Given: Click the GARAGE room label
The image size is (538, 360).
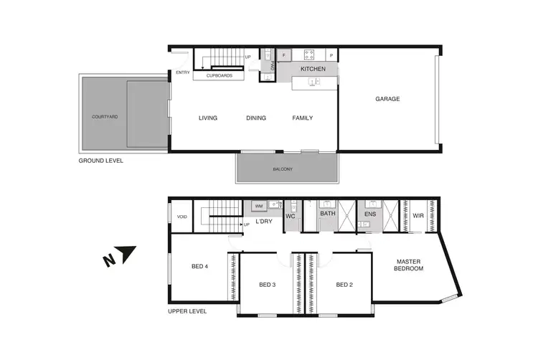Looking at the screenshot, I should tap(387, 99).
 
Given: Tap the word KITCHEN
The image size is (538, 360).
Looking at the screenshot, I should tap(313, 69).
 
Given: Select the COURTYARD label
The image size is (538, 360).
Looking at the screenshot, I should tap(104, 116).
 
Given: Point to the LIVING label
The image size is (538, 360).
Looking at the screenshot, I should tap(208, 118).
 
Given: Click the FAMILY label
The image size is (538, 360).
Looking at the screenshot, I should tap(302, 118).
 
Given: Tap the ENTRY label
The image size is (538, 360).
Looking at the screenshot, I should tap(183, 72).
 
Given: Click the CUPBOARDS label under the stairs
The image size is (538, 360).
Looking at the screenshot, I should tap(219, 75).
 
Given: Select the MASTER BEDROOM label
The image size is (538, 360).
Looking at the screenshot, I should tap(409, 265).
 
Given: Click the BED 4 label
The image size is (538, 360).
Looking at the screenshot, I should tap(199, 267).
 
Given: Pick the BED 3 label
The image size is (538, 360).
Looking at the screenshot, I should tap(267, 285).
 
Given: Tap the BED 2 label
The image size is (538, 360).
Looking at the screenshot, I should tap(345, 285).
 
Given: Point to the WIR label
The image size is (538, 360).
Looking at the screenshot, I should tap(418, 214).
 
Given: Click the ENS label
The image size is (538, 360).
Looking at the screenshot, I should tap(370, 214).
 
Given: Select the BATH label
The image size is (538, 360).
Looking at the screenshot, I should tap(328, 214).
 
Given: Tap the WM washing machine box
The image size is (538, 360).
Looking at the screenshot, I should tap(259, 206).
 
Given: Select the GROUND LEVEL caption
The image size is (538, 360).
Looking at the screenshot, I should tap(100, 161).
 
